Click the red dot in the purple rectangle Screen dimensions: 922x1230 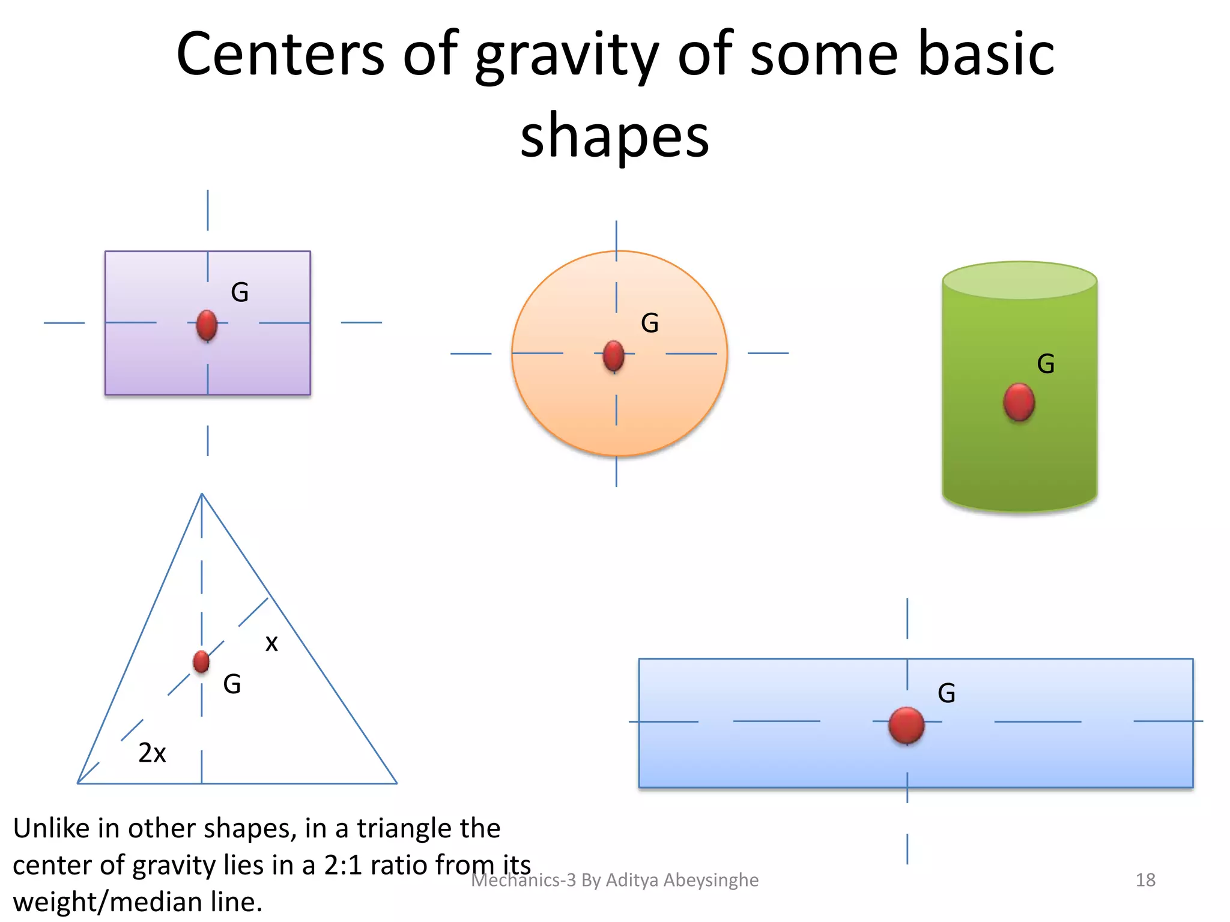pos(207,325)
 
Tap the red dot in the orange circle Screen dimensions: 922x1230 pos(613,356)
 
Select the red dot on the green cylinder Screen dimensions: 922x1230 pos(1019,402)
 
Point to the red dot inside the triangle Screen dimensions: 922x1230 pos(201,661)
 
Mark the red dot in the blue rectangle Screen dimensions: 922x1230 pos(906,725)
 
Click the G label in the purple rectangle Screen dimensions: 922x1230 pos(240,293)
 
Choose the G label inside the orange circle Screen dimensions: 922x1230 pos(650,324)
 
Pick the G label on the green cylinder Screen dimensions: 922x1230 pos(1046,364)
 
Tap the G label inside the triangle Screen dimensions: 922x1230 pos(232,684)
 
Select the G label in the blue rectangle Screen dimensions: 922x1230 pos(947,693)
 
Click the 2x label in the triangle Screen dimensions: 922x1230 pos(152,753)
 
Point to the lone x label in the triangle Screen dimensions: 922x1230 pos(271,643)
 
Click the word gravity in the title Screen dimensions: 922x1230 pos(567,57)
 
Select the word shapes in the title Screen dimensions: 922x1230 pos(614,137)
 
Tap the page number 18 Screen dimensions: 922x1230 pos(1145,880)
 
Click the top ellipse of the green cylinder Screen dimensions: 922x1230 pos(1020,280)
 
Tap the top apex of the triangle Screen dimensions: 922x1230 pos(202,495)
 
